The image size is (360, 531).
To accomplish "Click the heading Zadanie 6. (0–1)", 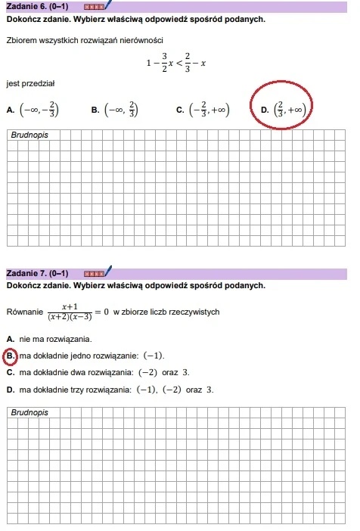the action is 42,6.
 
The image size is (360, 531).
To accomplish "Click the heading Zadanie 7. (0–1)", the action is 42,273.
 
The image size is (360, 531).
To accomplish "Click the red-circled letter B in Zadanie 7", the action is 11,356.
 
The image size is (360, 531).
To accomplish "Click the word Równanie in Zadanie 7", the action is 23,312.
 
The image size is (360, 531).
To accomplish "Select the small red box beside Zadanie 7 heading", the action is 94,273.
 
